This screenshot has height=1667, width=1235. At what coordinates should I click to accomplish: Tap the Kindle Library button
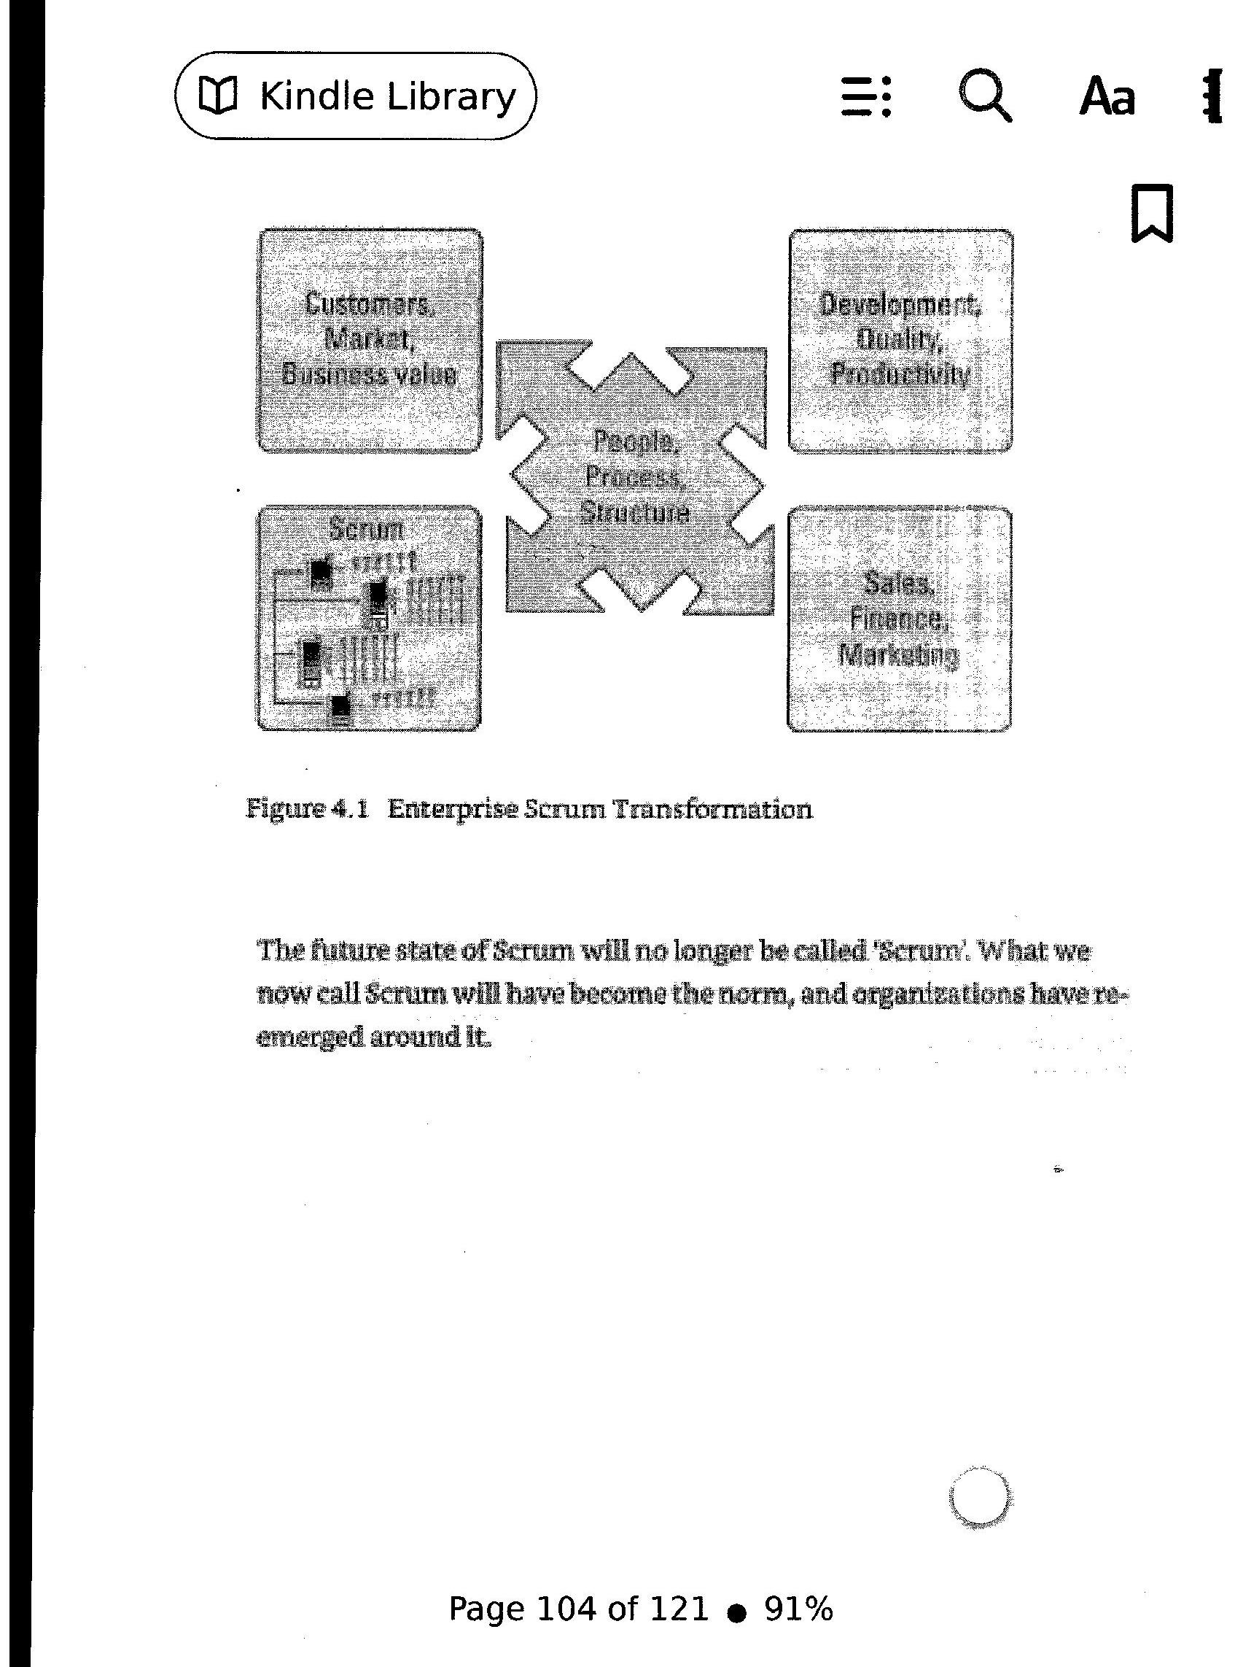pyautogui.click(x=355, y=96)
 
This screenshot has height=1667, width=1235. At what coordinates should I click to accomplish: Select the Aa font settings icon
pyautogui.click(x=1107, y=97)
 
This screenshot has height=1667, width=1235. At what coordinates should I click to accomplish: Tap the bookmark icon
pyautogui.click(x=1152, y=213)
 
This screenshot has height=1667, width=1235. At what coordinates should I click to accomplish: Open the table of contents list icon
pyautogui.click(x=865, y=96)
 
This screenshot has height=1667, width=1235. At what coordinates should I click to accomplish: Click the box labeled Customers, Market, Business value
pyautogui.click(x=370, y=340)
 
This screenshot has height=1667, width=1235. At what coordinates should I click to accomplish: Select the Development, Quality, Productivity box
pyautogui.click(x=900, y=340)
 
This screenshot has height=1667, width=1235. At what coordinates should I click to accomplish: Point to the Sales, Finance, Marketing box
pyautogui.click(x=899, y=619)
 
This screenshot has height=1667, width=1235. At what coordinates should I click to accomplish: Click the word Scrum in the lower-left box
pyautogui.click(x=366, y=530)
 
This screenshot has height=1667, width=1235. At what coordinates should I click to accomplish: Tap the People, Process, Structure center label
pyautogui.click(x=636, y=476)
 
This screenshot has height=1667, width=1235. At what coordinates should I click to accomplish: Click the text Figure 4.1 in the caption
pyautogui.click(x=307, y=809)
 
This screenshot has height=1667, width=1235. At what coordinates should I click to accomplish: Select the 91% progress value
pyautogui.click(x=798, y=1609)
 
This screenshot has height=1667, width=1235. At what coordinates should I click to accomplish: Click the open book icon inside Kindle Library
pyautogui.click(x=217, y=96)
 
